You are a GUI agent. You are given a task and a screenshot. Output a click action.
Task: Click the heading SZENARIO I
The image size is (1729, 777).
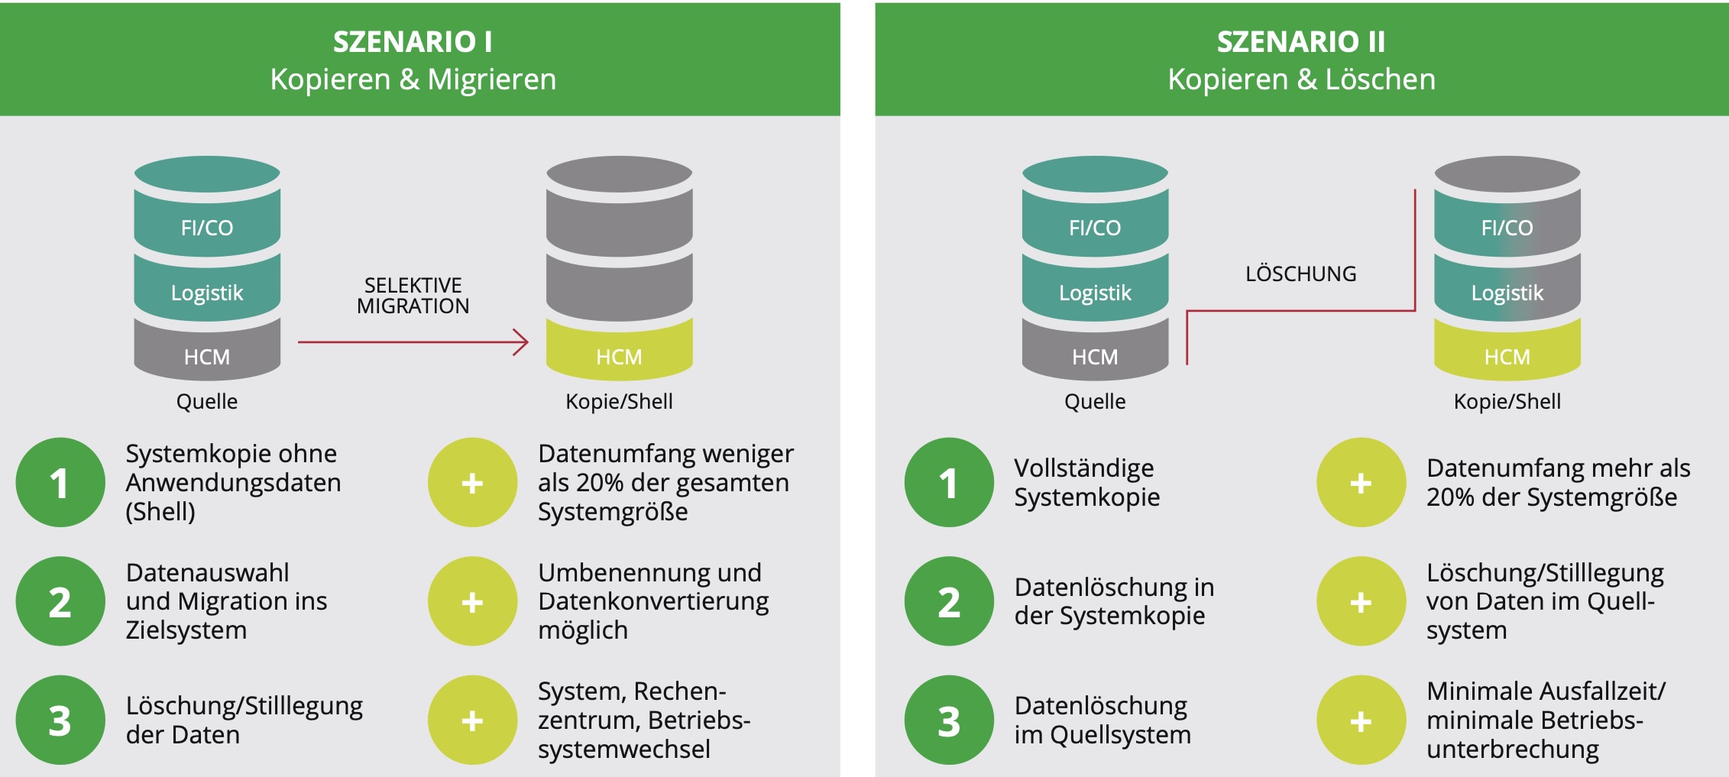click(x=413, y=41)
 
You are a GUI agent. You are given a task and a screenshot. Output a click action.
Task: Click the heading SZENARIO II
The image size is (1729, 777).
click(x=1300, y=41)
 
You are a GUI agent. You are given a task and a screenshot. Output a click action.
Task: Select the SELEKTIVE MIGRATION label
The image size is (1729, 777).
click(x=413, y=296)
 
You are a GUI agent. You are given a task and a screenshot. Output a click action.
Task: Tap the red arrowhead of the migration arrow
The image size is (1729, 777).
click(x=522, y=342)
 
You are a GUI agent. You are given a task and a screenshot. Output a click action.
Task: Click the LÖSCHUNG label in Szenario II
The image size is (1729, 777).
click(x=1300, y=274)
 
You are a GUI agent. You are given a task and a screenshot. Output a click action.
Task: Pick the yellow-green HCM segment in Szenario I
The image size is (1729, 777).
click(x=619, y=355)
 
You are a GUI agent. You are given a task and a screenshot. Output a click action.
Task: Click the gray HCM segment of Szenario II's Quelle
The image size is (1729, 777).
click(x=1094, y=355)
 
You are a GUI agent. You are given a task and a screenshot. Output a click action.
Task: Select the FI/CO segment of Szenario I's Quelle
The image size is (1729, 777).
click(x=207, y=226)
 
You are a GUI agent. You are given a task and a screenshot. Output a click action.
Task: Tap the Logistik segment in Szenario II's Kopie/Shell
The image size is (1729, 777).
click(x=1507, y=292)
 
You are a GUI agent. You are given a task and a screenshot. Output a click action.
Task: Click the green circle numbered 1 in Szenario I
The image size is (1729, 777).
click(x=60, y=482)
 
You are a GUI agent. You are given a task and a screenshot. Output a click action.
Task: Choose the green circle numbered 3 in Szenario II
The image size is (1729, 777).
click(x=949, y=720)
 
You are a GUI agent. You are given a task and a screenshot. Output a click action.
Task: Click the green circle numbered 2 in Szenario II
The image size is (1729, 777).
click(x=949, y=601)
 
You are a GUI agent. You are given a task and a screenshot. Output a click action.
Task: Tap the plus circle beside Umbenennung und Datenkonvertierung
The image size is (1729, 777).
click(x=472, y=601)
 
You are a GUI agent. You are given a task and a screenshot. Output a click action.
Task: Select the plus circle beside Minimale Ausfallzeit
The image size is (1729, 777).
click(x=1361, y=720)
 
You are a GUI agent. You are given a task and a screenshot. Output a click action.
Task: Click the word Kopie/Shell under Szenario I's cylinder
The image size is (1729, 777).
click(x=619, y=401)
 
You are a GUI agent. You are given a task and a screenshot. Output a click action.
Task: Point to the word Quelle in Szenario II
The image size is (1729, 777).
click(x=1094, y=401)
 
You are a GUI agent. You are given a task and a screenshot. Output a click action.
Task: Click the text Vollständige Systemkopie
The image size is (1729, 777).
click(x=1086, y=482)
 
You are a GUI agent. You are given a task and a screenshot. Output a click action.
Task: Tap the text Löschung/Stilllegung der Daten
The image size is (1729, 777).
click(x=244, y=720)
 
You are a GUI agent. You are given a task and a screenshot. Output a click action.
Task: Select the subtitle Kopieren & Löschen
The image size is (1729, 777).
click(x=1300, y=79)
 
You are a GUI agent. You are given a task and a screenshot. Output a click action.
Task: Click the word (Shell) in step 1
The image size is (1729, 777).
click(x=160, y=511)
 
